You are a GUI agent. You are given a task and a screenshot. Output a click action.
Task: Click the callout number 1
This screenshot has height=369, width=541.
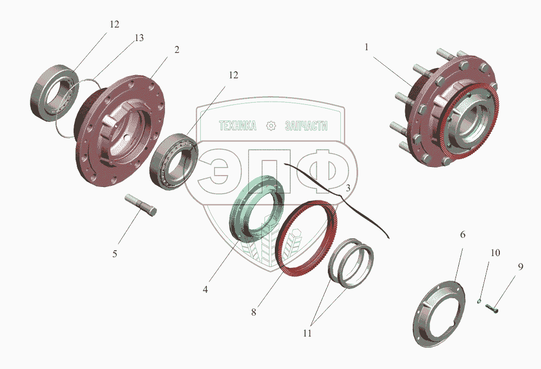[367, 47]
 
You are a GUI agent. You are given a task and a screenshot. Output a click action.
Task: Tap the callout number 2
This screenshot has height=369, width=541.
[177, 50]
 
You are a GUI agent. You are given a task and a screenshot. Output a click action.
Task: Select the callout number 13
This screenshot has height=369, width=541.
[139, 38]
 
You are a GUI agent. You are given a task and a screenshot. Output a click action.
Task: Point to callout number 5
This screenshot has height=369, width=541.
[115, 254]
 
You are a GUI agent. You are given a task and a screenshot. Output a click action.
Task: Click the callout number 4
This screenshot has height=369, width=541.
[205, 290]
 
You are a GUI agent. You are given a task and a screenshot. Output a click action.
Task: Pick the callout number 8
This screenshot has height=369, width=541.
[254, 312]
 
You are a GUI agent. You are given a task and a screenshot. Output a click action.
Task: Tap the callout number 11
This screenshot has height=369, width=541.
[307, 333]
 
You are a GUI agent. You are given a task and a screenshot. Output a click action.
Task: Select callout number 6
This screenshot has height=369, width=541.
[463, 234]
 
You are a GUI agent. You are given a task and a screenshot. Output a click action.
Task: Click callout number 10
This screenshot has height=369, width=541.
[495, 252]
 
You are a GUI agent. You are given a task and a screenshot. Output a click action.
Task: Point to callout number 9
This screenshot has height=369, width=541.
[520, 266]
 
